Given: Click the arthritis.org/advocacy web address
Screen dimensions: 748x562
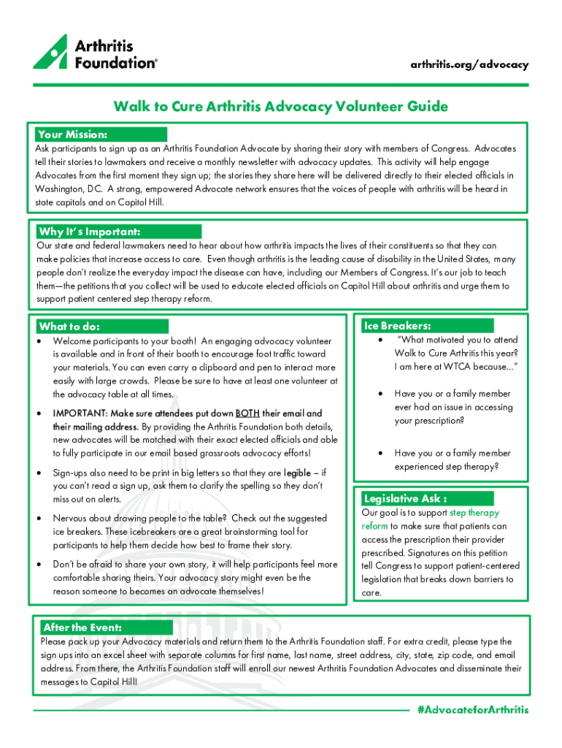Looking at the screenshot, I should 469,64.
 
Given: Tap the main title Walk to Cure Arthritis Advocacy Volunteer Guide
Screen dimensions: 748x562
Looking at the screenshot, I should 280,107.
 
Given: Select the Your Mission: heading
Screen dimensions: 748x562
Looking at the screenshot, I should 72,134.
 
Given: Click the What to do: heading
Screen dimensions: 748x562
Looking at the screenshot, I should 69,327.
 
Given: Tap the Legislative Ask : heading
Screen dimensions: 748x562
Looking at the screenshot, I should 401,499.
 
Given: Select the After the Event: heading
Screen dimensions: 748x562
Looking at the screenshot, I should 82,627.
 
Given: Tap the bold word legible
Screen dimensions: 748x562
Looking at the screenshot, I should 299,473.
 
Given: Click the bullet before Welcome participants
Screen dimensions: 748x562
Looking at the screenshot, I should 39,341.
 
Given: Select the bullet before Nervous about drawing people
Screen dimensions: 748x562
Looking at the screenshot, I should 39,518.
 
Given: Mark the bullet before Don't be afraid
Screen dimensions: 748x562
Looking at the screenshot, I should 39,565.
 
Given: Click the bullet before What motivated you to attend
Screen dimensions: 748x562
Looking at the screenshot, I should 380,340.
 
